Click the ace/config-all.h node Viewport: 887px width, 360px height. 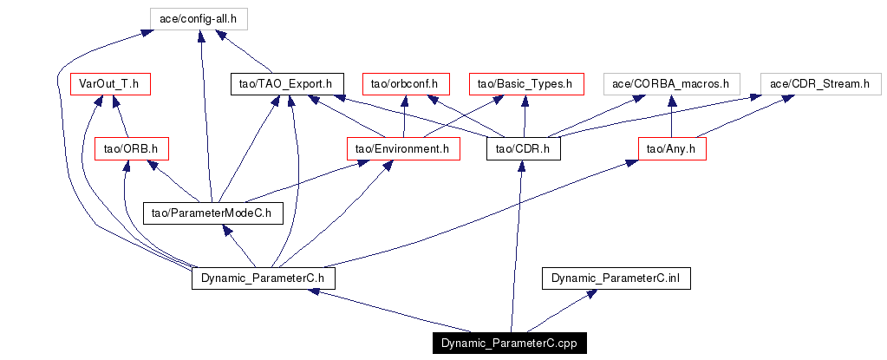[199, 19]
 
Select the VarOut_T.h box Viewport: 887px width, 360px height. [109, 84]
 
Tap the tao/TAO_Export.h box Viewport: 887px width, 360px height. [286, 84]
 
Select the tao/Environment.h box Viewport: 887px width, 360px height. [403, 149]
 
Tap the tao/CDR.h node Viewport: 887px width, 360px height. [524, 149]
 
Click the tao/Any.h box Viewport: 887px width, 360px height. [672, 149]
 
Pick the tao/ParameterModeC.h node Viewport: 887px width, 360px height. [212, 213]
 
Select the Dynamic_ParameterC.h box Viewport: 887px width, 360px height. [263, 278]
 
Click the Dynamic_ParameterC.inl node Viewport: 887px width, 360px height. [616, 278]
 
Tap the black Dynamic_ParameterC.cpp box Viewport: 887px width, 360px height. [508, 344]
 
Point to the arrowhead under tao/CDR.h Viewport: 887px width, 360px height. [521, 167]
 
